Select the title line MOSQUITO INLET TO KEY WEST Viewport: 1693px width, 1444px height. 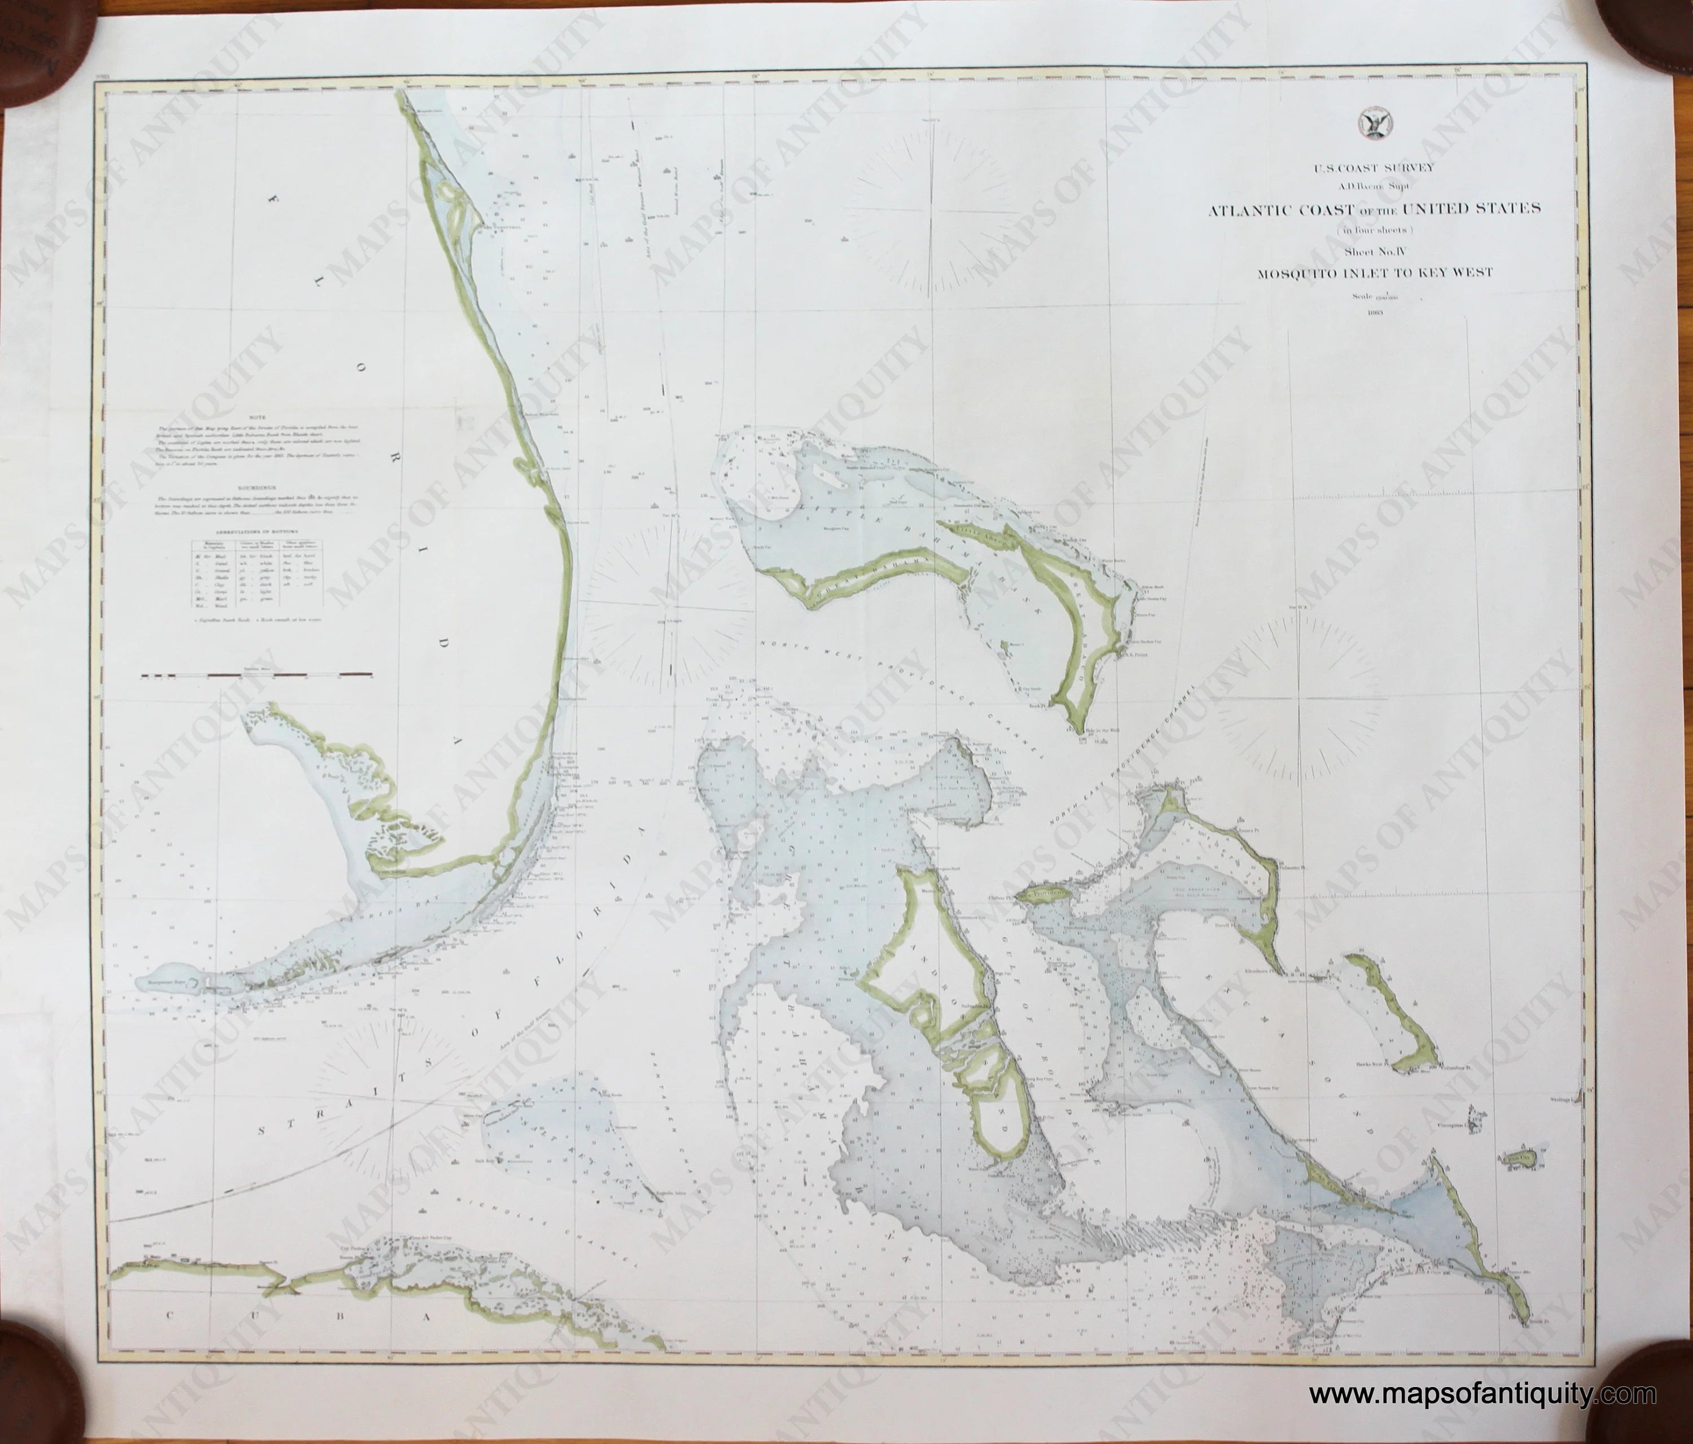click(1374, 273)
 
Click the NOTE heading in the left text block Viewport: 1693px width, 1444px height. click(259, 417)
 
